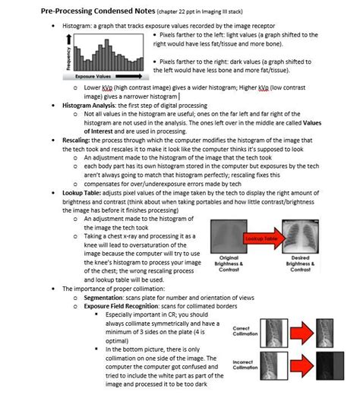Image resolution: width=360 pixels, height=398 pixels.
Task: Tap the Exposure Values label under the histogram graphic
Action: click(96, 77)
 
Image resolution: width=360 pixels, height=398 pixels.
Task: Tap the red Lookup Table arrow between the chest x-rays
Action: click(256, 238)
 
